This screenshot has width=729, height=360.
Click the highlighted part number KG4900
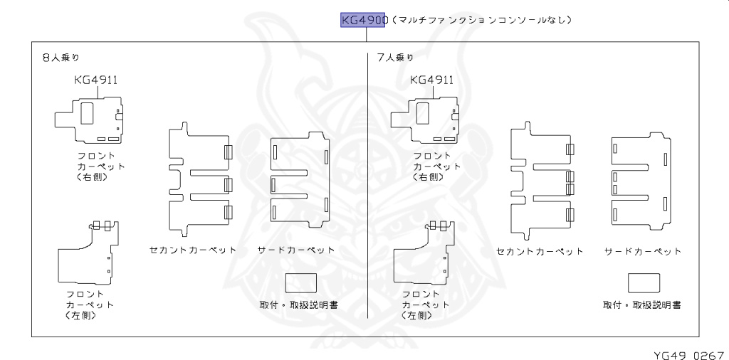tap(363, 20)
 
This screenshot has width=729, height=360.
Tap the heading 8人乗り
tap(60, 58)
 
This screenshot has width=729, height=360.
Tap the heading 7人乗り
tap(395, 58)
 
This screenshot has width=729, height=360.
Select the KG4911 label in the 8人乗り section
tap(95, 80)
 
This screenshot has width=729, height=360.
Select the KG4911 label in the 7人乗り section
tap(432, 80)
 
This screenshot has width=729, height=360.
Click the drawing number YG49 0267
tap(689, 354)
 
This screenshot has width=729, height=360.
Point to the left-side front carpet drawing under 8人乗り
tap(87, 253)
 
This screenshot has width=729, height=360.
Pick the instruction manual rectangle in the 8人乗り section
tap(300, 283)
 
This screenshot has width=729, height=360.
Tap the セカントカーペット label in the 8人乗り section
tap(192, 250)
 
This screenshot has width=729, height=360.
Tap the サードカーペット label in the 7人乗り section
tap(643, 251)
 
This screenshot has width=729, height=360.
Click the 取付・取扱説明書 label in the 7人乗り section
tap(641, 305)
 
